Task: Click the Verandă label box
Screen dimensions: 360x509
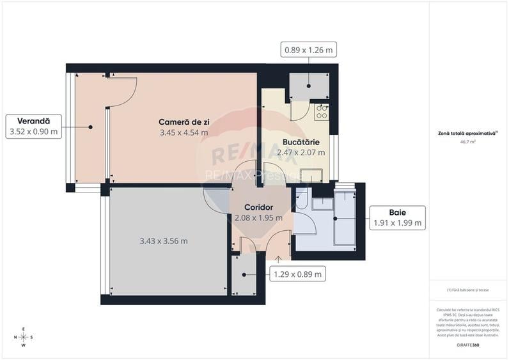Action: [34, 126]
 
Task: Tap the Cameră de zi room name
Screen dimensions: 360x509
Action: [184, 121]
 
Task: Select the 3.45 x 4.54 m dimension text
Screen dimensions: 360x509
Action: [184, 133]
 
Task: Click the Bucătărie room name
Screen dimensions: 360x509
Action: [301, 141]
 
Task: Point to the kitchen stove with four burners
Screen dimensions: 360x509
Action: [322, 113]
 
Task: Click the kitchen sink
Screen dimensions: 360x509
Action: [313, 175]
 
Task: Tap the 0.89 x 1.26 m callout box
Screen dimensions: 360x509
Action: [309, 50]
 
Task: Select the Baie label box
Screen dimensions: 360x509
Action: [398, 217]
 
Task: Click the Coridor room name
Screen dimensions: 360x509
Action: [259, 207]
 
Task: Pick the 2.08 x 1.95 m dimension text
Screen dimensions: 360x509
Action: [259, 217]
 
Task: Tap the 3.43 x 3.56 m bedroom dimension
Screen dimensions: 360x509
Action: [164, 241]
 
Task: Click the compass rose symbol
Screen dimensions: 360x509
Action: [24, 337]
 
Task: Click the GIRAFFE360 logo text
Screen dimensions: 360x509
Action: [468, 345]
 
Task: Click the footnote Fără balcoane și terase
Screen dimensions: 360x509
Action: [467, 290]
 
